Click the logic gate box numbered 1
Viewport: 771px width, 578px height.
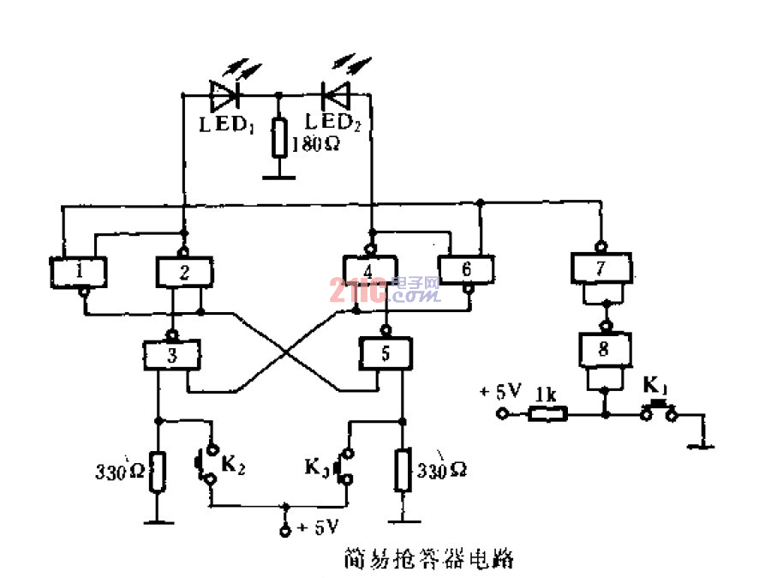tap(78, 272)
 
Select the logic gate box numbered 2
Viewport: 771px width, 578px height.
tap(184, 272)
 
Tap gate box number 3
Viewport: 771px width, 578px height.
tap(171, 352)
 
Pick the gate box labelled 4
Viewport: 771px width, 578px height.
tap(368, 272)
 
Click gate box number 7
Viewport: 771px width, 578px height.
tap(602, 268)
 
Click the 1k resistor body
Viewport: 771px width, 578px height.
tap(546, 414)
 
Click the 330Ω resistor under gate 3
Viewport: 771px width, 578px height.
tap(157, 472)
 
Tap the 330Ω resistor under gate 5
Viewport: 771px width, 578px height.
tap(401, 470)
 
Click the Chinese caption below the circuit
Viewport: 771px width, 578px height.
tap(427, 559)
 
